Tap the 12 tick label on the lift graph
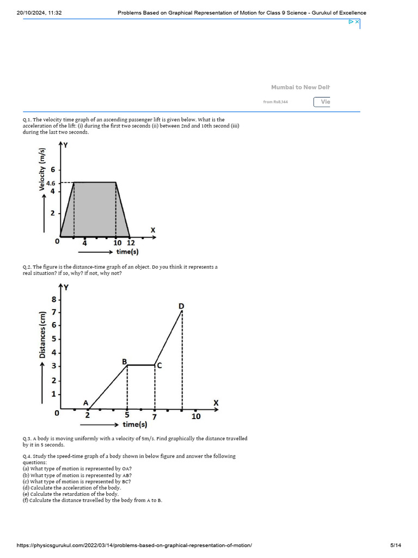(x=131, y=243)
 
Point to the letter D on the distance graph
(x=181, y=307)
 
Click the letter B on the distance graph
(x=124, y=361)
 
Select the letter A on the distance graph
(x=85, y=403)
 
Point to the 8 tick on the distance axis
(x=54, y=299)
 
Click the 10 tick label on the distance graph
(x=196, y=416)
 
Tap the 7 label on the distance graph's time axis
(x=155, y=417)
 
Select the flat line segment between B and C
(x=141, y=365)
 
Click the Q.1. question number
(x=27, y=120)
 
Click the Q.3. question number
(x=27, y=439)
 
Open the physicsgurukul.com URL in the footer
(x=134, y=545)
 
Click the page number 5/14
(x=396, y=545)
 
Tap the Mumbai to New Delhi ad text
(x=300, y=87)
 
